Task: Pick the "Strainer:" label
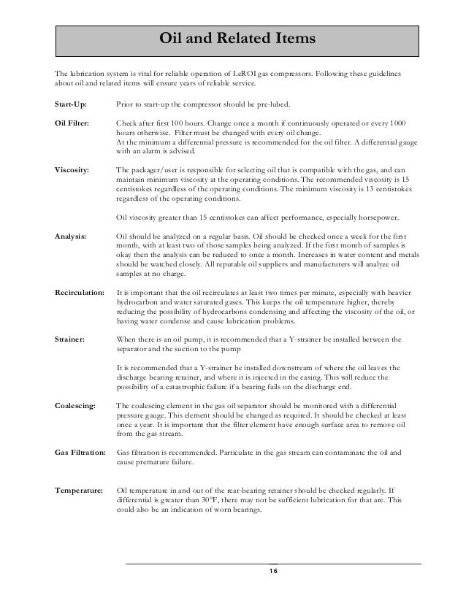(x=71, y=339)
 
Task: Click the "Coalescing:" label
(x=75, y=405)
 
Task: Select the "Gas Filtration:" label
(x=81, y=453)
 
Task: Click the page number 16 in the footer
(x=273, y=571)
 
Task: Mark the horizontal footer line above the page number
(x=273, y=564)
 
